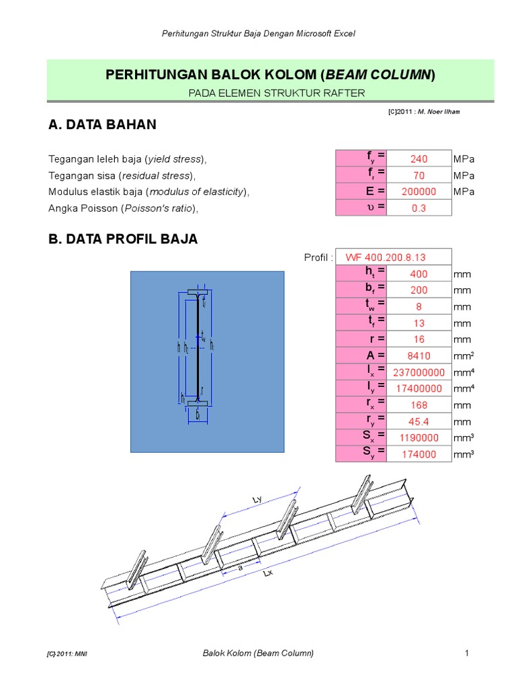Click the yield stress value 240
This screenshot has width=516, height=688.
pyautogui.click(x=419, y=159)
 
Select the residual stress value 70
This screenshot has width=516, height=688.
pyautogui.click(x=419, y=175)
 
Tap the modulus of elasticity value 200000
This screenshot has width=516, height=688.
pyautogui.click(x=419, y=192)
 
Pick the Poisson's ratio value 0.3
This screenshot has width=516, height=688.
pyautogui.click(x=419, y=208)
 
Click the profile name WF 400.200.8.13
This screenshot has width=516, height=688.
pyautogui.click(x=386, y=258)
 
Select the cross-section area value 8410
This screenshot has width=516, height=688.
pyautogui.click(x=419, y=356)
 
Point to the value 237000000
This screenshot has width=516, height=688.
pyautogui.click(x=419, y=372)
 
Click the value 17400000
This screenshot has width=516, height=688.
pyautogui.click(x=419, y=388)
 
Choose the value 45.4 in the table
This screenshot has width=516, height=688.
pyautogui.click(x=419, y=422)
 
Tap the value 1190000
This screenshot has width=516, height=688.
pyautogui.click(x=419, y=438)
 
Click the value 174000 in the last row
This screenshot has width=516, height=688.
pyautogui.click(x=419, y=455)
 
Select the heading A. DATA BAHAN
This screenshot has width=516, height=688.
pyautogui.click(x=102, y=124)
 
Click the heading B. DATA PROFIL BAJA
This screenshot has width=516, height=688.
pyautogui.click(x=123, y=239)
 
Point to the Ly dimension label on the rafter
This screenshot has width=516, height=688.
pyautogui.click(x=257, y=500)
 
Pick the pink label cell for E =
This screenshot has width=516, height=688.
pyautogui.click(x=361, y=191)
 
